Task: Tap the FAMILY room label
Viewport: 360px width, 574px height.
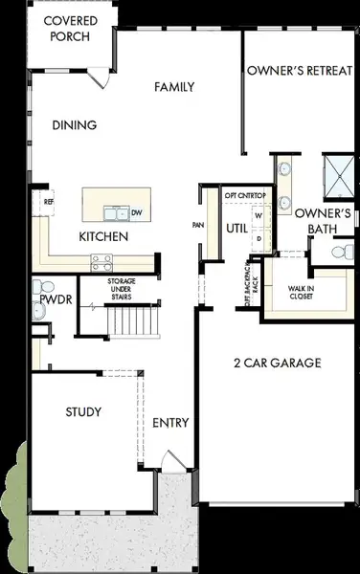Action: [x=175, y=87]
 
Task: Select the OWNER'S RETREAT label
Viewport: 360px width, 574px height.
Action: [x=300, y=70]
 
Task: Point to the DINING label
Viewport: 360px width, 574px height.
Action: [x=73, y=124]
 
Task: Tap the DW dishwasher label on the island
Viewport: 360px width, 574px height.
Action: [x=137, y=212]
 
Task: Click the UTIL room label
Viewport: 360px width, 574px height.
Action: [x=236, y=230]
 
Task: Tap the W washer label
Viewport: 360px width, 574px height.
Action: [x=258, y=214]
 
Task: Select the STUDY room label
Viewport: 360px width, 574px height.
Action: [x=83, y=412]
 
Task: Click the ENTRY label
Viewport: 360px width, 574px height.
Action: [x=170, y=423]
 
